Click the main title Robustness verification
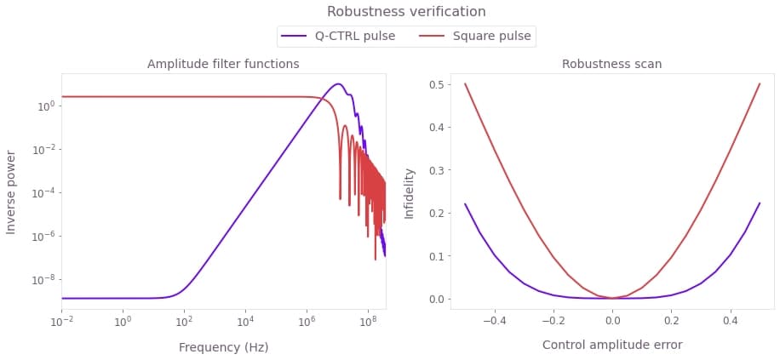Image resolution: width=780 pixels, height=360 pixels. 406,12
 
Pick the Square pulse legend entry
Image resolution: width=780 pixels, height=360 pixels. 491,36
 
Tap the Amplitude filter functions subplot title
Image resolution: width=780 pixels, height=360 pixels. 223,64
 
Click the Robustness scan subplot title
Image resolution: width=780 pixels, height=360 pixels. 611,64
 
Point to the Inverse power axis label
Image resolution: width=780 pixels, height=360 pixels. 12,192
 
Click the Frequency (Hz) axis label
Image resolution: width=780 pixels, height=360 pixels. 223,347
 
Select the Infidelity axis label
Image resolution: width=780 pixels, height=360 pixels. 410,192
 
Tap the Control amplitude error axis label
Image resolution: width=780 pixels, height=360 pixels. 611,345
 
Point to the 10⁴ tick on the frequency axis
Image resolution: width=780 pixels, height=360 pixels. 245,323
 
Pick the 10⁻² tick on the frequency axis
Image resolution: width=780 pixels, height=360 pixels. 61,323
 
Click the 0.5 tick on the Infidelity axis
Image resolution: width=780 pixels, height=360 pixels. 438,84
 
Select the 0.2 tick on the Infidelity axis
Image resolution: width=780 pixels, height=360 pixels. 438,213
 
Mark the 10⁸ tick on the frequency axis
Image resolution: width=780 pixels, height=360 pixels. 368,323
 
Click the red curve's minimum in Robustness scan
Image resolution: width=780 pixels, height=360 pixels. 612,298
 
